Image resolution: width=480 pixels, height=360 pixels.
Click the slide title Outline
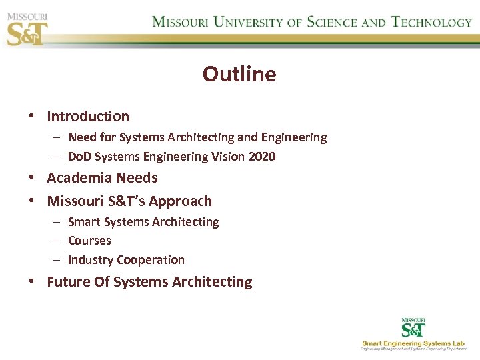pos(239,73)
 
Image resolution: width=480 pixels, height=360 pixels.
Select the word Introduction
pos(88,117)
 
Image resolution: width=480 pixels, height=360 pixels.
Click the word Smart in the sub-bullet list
pos(83,222)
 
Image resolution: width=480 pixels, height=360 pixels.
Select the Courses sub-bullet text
pos(89,241)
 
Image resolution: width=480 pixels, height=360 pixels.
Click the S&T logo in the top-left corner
pos(27,29)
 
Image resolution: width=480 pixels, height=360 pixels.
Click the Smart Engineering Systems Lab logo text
pos(414,343)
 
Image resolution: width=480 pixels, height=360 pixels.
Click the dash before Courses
pos(58,241)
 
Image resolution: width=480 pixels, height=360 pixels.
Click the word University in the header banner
pos(246,22)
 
